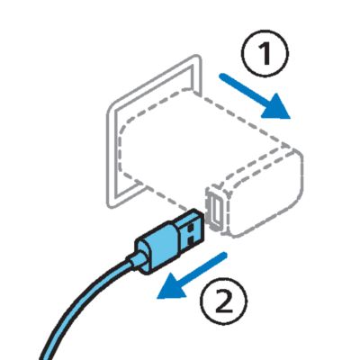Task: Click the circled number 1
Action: [265, 53]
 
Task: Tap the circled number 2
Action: [224, 301]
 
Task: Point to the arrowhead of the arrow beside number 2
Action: [172, 287]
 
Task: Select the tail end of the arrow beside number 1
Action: [222, 77]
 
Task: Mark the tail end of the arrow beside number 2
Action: [224, 255]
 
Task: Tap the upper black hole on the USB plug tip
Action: [192, 229]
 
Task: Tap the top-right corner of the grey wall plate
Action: [198, 57]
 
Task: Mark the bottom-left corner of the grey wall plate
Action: [111, 205]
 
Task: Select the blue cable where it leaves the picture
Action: [43, 357]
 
